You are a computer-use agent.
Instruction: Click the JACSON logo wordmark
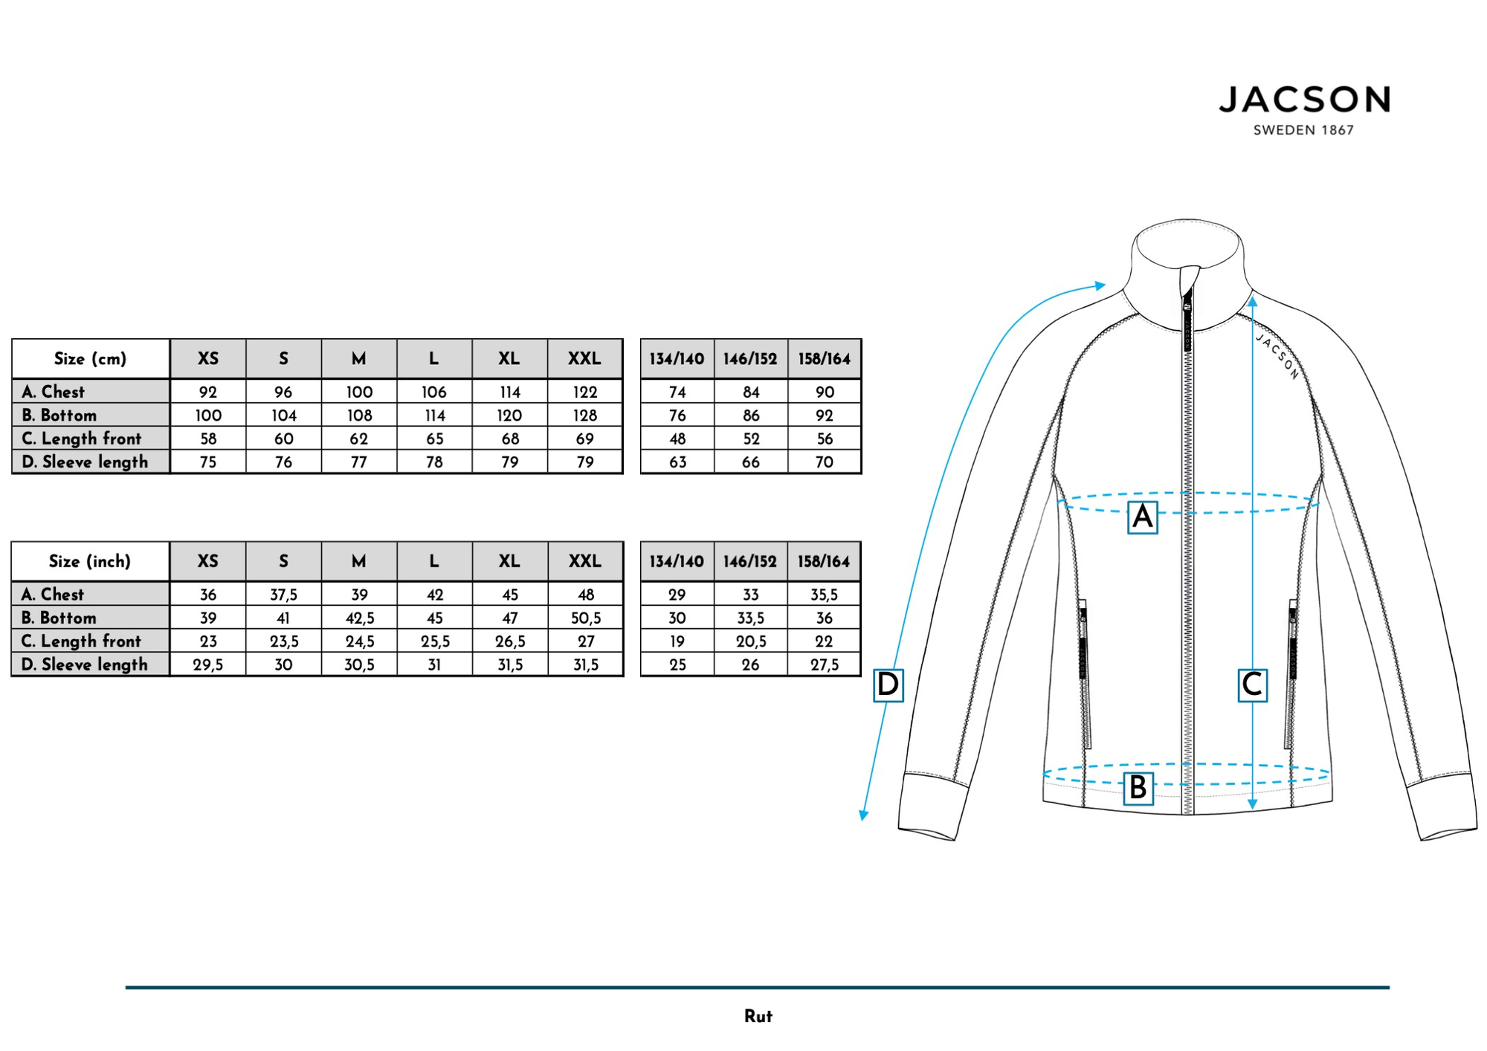1304,100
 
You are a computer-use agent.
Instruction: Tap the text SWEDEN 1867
1303,130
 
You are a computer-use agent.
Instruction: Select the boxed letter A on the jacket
1142,517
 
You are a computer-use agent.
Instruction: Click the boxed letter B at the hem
1138,788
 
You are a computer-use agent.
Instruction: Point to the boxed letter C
1252,685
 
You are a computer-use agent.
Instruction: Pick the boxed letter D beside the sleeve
888,685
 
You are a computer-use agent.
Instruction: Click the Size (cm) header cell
91,359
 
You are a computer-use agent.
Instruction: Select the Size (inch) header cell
90,561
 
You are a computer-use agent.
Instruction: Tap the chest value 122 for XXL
585,392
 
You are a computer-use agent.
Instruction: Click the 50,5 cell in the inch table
585,618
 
